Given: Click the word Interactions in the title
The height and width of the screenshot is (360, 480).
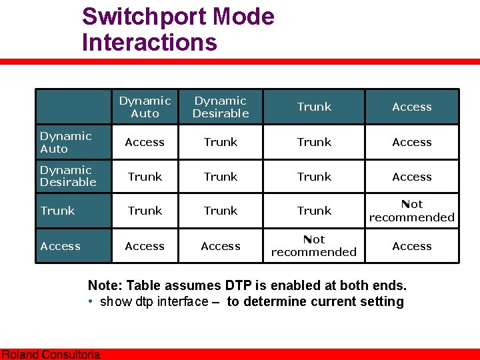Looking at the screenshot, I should (149, 43).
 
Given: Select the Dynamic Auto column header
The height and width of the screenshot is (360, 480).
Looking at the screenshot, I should (145, 107).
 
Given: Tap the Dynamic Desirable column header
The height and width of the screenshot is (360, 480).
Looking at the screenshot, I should (221, 107).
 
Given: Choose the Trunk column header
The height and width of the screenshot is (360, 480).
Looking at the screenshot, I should (314, 107).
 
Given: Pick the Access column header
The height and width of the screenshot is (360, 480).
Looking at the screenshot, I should (412, 107).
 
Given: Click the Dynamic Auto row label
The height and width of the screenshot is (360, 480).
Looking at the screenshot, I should (65, 142).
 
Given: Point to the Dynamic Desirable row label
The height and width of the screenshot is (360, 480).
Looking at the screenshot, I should (68, 176).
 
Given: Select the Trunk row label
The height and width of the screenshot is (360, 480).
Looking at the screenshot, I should (57, 211).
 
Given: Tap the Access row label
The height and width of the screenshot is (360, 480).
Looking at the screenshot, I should (60, 246).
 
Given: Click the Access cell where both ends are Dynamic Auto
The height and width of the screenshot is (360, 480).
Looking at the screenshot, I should (145, 142).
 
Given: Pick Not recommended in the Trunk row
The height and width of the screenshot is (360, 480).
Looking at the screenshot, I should (412, 211).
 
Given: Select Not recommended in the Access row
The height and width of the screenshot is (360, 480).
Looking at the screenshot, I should (314, 246).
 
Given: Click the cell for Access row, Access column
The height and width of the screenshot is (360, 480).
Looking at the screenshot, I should (412, 246).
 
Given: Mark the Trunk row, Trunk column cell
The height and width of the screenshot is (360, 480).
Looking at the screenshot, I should (314, 211).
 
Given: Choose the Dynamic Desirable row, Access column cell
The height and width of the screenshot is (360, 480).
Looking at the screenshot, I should (412, 177).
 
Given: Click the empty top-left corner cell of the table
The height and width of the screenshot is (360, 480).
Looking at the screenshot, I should (73, 107).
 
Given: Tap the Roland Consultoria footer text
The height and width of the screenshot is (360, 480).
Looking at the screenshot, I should (51, 355).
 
